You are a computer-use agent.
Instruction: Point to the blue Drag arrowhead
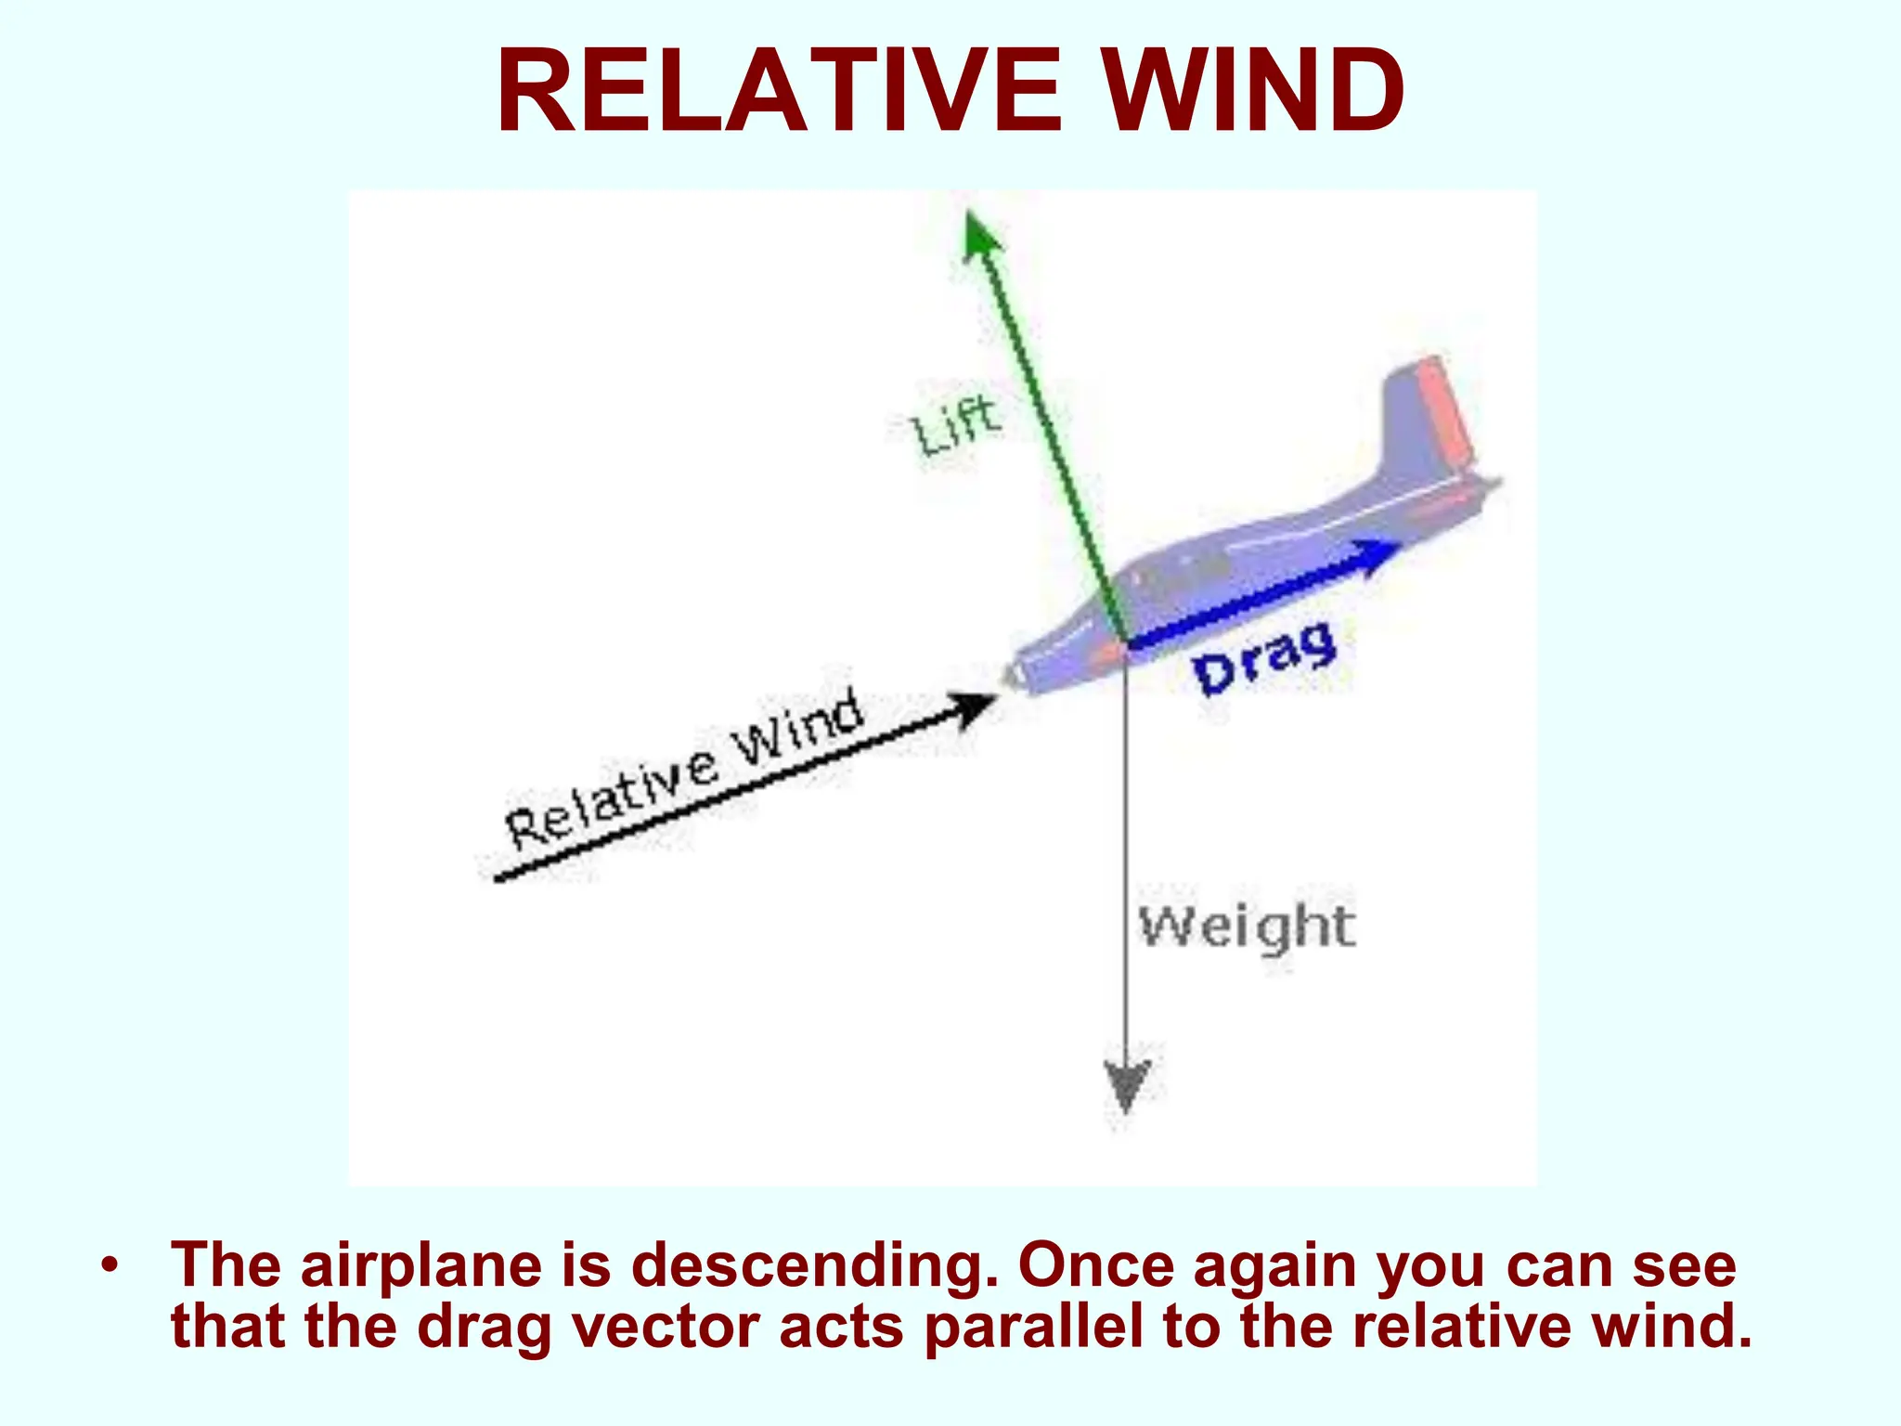(1379, 554)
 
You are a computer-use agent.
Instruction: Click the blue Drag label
(1264, 657)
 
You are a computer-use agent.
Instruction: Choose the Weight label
(1247, 927)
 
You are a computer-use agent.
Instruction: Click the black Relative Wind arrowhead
(975, 710)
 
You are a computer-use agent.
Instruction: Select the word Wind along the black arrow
(798, 729)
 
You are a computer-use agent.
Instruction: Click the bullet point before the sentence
(110, 1265)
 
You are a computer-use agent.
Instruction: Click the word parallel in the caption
(1033, 1327)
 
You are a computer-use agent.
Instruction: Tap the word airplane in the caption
(420, 1265)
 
